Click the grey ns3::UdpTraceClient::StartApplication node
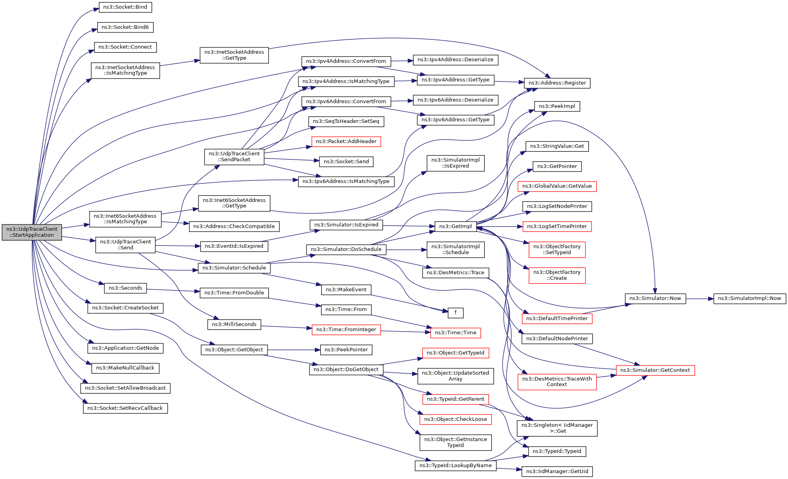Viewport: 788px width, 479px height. point(32,232)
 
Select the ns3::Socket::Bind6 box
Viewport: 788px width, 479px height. point(125,27)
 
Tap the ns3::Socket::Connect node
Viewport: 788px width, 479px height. point(125,47)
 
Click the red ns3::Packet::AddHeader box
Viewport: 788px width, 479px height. point(346,141)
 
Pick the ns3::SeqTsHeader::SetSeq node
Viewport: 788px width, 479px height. point(346,121)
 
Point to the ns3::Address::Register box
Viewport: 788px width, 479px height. point(557,83)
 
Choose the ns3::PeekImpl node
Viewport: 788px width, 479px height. point(557,106)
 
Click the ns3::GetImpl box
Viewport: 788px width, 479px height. point(455,226)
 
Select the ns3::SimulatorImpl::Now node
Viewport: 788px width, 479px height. point(749,298)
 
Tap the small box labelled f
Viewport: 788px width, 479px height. point(455,313)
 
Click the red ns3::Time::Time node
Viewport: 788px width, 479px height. point(455,333)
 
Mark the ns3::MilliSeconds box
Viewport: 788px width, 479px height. point(234,324)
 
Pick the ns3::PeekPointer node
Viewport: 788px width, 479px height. point(346,350)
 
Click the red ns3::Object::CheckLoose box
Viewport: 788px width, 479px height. point(455,419)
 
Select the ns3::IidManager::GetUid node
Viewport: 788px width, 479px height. point(557,471)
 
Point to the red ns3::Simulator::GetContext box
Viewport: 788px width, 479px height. point(655,370)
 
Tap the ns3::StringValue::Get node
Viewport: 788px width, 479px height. point(557,146)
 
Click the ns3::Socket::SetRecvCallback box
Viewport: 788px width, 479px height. point(125,408)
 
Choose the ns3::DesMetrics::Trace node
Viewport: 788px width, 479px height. point(455,273)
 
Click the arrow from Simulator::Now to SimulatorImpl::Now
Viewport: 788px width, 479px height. point(699,299)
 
